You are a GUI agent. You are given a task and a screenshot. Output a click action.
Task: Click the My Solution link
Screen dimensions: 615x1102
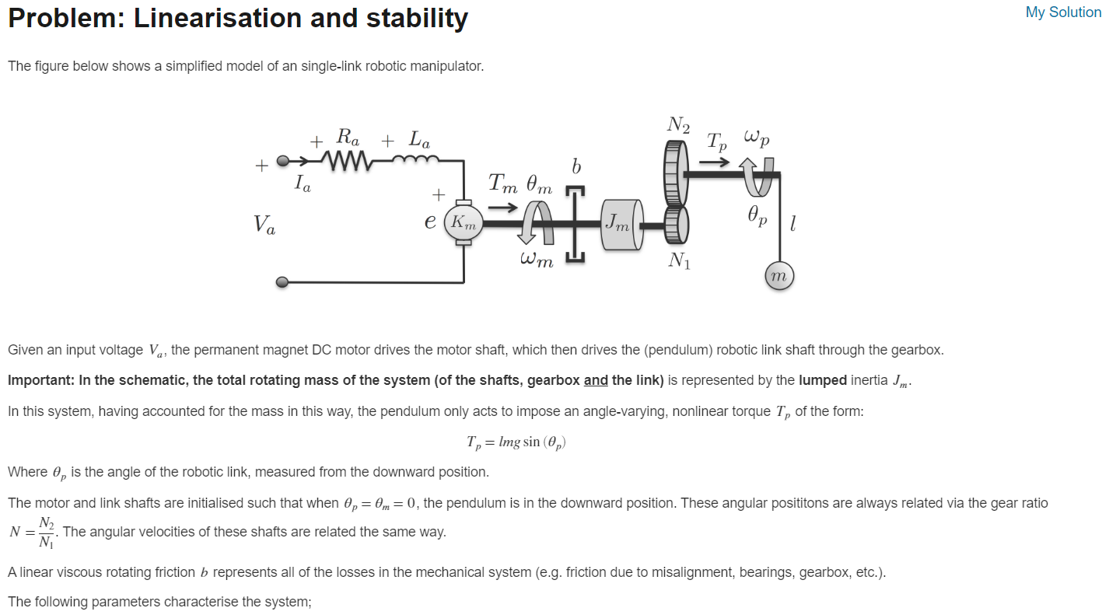pos(1063,12)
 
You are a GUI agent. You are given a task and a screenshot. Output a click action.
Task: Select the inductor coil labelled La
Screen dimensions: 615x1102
pos(417,159)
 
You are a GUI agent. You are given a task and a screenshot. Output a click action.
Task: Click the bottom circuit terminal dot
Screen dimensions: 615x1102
pos(282,282)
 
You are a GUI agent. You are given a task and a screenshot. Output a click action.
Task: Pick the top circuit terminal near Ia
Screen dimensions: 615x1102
pos(282,162)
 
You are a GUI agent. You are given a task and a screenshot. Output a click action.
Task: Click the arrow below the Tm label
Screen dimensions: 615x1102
pos(502,208)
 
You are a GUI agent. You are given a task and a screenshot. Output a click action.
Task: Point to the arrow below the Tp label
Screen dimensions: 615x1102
pos(715,162)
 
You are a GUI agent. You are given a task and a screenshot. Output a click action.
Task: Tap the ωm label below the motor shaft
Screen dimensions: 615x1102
pos(537,260)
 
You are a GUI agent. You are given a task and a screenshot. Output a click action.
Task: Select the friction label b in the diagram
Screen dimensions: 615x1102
pos(575,167)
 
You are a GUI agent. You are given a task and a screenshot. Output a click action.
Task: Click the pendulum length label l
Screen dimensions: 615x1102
pos(792,225)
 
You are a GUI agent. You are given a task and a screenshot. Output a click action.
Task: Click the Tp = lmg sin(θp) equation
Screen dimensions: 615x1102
pos(516,442)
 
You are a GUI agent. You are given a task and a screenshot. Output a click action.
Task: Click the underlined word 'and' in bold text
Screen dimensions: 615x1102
pos(596,380)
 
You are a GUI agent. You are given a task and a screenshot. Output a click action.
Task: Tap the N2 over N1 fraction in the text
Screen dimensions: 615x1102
pos(47,533)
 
